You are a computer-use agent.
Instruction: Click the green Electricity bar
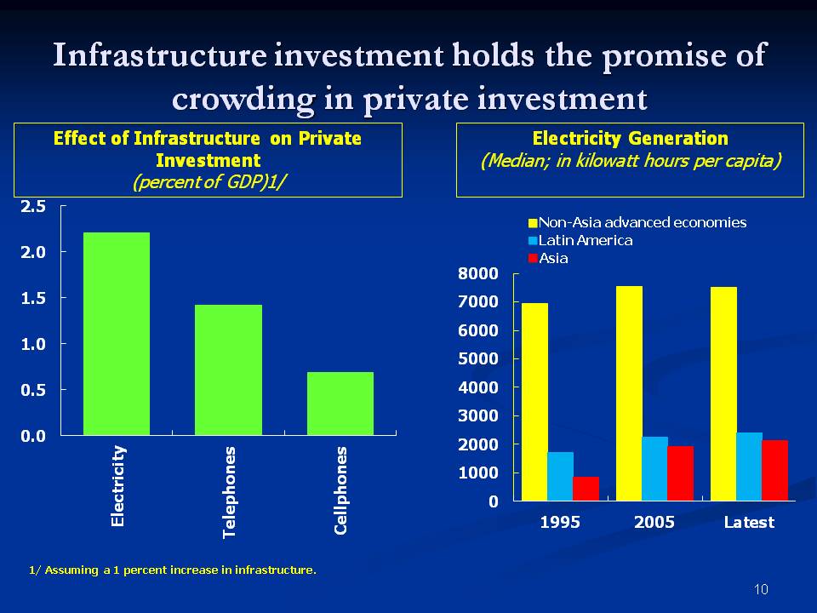coord(117,334)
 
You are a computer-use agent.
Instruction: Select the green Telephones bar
coord(228,370)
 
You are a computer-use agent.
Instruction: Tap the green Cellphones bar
coord(340,404)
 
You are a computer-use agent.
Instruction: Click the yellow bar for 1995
coord(534,402)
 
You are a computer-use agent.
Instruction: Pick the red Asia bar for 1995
coord(586,489)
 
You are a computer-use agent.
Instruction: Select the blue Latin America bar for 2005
coord(654,468)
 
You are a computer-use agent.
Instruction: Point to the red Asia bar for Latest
coord(774,470)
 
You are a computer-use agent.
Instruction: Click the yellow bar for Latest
coord(723,393)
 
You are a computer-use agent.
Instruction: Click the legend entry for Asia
coord(553,258)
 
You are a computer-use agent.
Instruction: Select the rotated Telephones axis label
coord(229,492)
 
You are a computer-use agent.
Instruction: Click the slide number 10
coord(761,589)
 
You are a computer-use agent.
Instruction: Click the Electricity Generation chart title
coord(630,138)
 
